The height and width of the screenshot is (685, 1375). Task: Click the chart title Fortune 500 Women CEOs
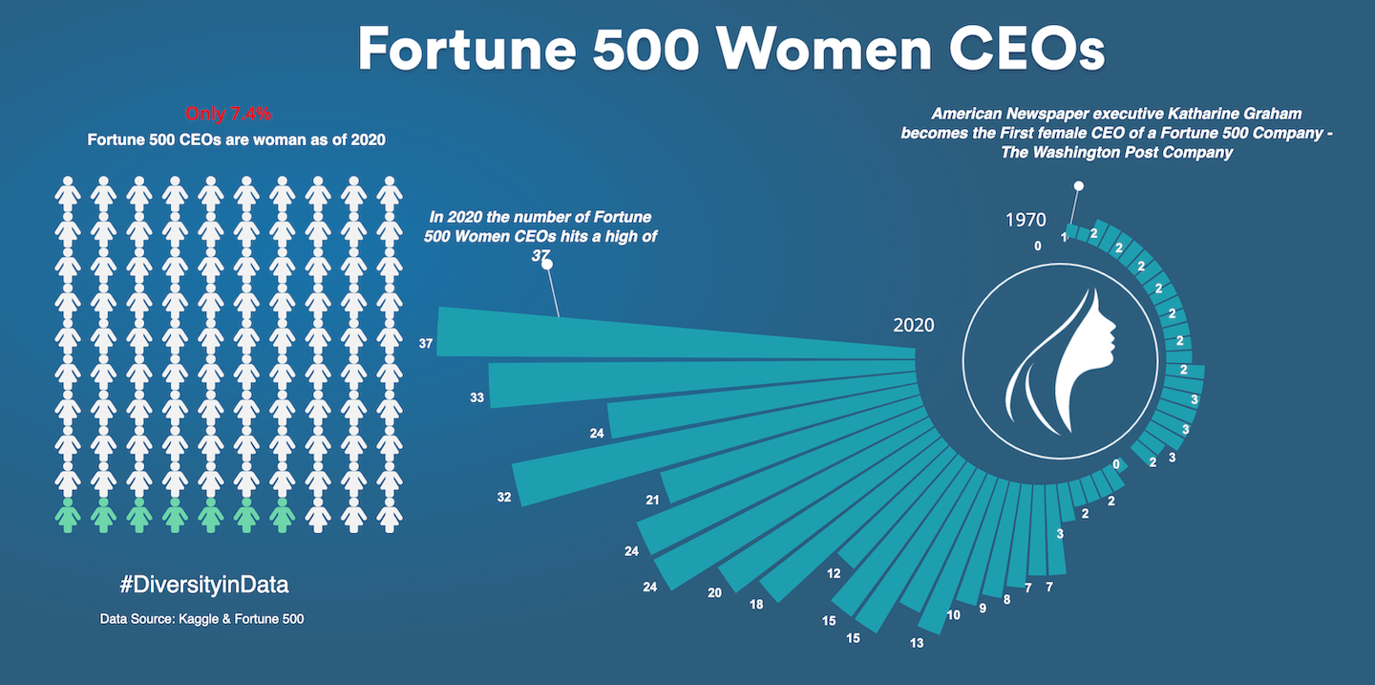(730, 50)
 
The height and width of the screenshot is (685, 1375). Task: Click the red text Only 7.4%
(228, 114)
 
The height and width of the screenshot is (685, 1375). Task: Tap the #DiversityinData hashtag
(204, 584)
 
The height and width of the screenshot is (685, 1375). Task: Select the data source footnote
(201, 619)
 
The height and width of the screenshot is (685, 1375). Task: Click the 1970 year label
(1026, 220)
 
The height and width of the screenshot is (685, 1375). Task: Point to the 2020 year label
(914, 325)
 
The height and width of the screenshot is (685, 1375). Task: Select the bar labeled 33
(697, 380)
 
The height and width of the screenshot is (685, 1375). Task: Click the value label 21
(653, 500)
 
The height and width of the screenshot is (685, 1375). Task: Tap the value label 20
(714, 592)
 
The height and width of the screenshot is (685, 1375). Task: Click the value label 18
(756, 604)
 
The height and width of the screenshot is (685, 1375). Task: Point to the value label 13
(917, 643)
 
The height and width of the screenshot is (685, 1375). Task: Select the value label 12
(834, 573)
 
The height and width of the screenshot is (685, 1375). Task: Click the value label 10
(953, 615)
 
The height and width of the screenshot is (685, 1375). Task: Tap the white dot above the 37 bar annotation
(547, 266)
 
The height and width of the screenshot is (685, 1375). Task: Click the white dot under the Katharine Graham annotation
(1079, 186)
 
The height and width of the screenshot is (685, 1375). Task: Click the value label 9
(984, 607)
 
